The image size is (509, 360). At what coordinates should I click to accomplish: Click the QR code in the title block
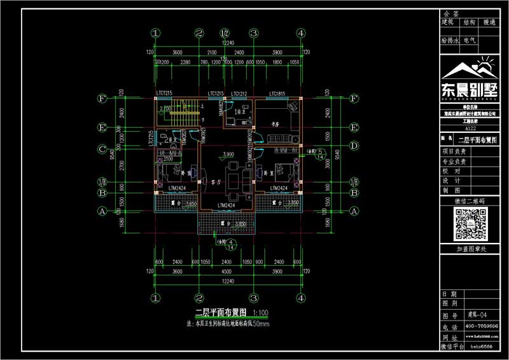coord(471,223)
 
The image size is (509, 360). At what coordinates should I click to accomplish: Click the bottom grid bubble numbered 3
coord(253,297)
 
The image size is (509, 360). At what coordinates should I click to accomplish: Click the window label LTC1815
coord(277,93)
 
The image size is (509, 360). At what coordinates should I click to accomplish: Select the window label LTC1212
coord(239,93)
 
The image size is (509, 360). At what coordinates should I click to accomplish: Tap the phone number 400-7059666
coord(482,326)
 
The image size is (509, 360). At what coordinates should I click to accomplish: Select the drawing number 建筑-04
coord(478,315)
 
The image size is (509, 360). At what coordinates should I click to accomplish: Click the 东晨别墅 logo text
coord(471,88)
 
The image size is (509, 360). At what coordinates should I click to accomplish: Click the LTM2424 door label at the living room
coord(226,205)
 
